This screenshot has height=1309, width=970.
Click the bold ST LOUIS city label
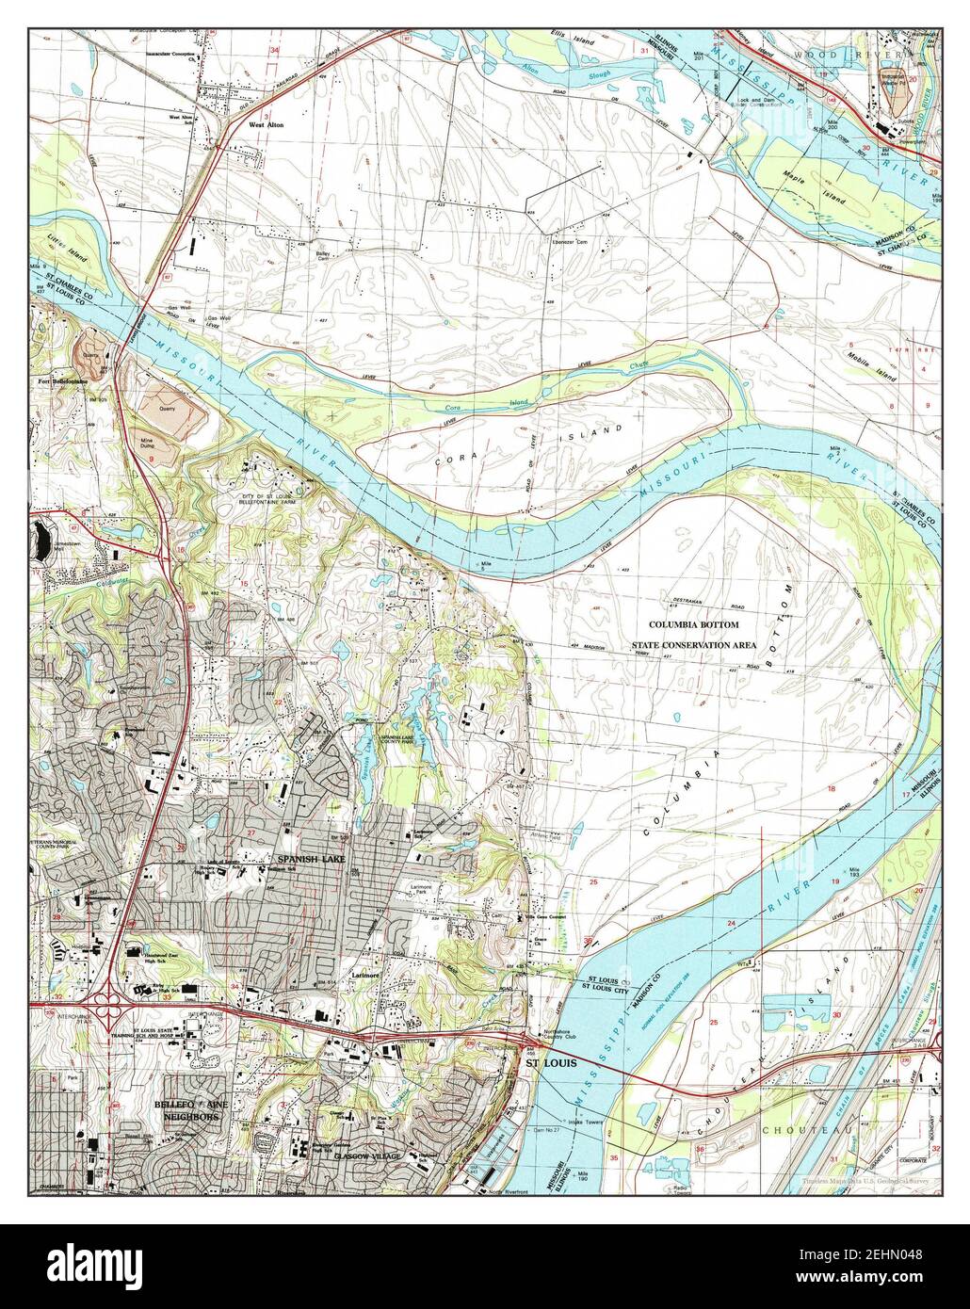pos(550,1063)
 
